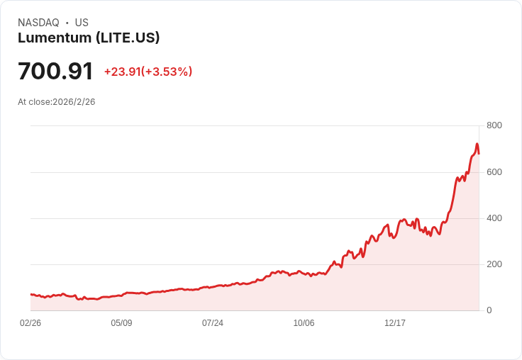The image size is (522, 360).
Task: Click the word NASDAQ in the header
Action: tap(38, 23)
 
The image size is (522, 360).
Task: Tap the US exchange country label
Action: tap(82, 23)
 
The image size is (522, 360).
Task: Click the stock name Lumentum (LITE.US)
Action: tap(89, 38)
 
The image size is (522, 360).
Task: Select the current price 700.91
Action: tap(55, 72)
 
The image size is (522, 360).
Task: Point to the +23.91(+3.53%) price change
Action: tap(148, 72)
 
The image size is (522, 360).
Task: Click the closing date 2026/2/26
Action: tap(74, 102)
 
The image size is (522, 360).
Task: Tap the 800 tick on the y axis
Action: tap(494, 125)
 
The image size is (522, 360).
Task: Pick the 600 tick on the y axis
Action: tap(494, 172)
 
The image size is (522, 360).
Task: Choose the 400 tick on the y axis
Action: tap(494, 218)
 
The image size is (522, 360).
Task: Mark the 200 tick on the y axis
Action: tap(494, 264)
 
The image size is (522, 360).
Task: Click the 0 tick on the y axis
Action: tap(489, 310)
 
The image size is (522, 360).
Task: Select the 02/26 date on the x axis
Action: tap(30, 323)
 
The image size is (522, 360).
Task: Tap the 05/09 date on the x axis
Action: tap(121, 323)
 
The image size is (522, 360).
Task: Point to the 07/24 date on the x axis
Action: tap(213, 323)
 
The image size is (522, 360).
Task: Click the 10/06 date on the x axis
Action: tap(304, 323)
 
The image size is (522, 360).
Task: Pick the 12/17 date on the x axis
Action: tap(395, 323)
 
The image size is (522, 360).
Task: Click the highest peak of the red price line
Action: tap(477, 144)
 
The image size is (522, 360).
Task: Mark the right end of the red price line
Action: tap(479, 153)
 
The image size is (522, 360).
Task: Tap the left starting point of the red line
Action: tap(30, 294)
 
